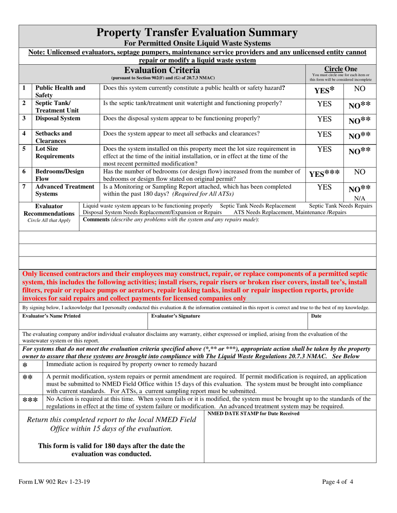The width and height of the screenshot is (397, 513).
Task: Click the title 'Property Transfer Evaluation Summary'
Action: click(197, 33)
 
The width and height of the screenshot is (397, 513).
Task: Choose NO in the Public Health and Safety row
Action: click(359, 89)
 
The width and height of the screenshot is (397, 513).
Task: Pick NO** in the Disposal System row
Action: click(359, 121)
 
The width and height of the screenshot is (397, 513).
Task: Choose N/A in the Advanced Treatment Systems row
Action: click(360, 198)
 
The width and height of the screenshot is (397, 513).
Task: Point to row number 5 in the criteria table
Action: click(24, 148)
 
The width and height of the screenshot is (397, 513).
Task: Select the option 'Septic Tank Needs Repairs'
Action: click(341, 206)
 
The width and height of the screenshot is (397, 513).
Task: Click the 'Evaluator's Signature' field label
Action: click(176, 316)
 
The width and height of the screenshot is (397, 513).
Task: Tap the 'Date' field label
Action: click(316, 316)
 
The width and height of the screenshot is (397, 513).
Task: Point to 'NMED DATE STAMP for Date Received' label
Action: click(253, 413)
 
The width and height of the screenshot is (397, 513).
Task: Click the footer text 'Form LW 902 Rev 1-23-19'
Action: click(54, 482)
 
